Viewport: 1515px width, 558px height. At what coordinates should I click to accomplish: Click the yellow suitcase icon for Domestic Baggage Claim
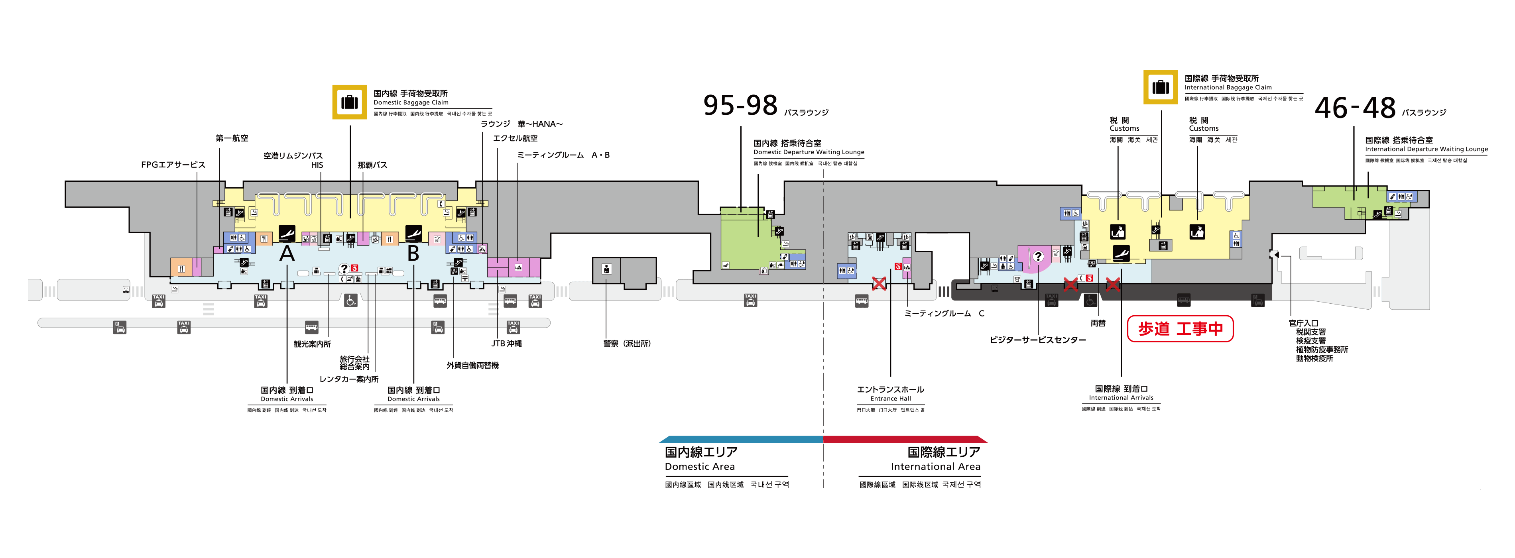[349, 102]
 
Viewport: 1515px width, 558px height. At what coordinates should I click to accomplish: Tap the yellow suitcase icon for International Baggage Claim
[1160, 87]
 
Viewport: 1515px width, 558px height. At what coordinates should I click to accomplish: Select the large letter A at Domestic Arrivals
[286, 253]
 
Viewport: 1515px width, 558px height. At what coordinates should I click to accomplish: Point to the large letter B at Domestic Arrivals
[413, 253]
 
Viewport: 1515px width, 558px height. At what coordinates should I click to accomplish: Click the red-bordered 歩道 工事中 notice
[1180, 329]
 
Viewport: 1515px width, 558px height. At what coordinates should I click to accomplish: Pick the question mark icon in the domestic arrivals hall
[343, 269]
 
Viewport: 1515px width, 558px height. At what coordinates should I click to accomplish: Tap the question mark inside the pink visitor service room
[1038, 256]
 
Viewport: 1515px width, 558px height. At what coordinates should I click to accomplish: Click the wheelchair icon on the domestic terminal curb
[350, 301]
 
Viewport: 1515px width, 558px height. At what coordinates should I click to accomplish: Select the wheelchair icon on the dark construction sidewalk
[1090, 301]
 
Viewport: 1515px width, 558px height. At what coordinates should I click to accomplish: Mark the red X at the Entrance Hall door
[879, 284]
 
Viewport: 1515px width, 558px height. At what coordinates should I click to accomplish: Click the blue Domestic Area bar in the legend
[741, 439]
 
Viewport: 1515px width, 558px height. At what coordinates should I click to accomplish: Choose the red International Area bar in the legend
[906, 439]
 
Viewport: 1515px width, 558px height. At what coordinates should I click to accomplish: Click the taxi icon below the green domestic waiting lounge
[750, 301]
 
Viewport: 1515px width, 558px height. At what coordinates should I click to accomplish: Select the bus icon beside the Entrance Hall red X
[862, 301]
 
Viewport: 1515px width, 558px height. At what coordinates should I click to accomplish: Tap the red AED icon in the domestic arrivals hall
[355, 268]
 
